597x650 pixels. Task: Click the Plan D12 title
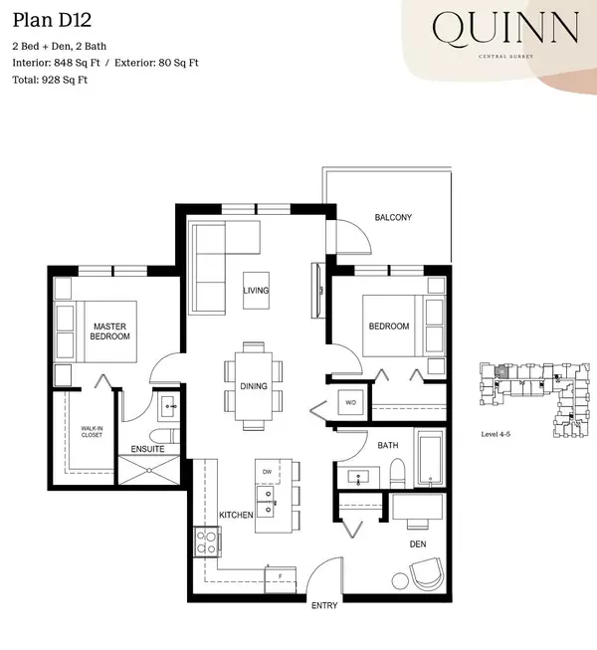(x=52, y=20)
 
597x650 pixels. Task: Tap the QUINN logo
(x=505, y=28)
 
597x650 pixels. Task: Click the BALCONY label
(x=393, y=217)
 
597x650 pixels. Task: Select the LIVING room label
(x=256, y=291)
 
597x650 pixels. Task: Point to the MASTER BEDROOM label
(x=109, y=331)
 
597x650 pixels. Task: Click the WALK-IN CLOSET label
(x=92, y=432)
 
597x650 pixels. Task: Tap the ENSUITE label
(x=147, y=449)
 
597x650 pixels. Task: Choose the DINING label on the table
(x=254, y=386)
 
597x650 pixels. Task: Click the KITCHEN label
(x=236, y=515)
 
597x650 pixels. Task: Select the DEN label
(x=418, y=543)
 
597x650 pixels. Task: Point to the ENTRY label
(x=324, y=605)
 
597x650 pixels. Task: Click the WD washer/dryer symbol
(x=350, y=402)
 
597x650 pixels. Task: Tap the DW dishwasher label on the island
(x=268, y=472)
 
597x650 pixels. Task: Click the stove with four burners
(x=207, y=542)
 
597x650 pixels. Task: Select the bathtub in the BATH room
(x=431, y=459)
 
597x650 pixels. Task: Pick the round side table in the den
(x=400, y=580)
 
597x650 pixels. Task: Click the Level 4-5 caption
(x=496, y=434)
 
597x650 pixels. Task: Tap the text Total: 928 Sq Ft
(x=50, y=80)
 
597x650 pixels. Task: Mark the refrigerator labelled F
(x=281, y=579)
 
